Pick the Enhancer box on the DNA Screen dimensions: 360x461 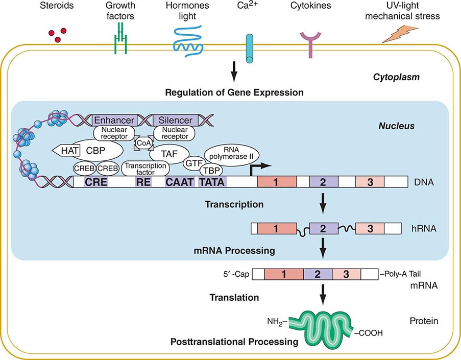(113, 120)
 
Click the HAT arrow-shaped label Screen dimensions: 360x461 (63, 151)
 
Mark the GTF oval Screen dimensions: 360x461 (193, 163)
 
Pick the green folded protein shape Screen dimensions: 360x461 (320, 321)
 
